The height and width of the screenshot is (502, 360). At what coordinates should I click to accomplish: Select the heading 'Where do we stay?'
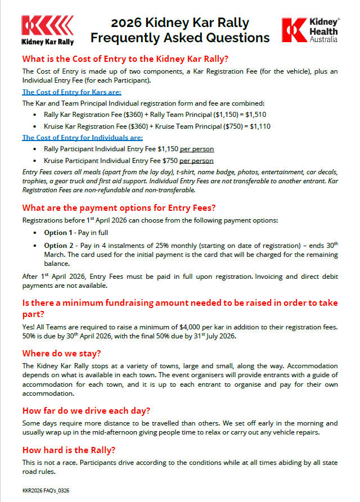pos(61,354)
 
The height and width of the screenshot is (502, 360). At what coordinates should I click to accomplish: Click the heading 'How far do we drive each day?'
pos(86,410)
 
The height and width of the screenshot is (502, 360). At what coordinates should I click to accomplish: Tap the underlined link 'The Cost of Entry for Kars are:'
pos(71,92)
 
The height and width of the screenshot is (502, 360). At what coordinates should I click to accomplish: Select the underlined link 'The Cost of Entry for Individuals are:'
pos(82,138)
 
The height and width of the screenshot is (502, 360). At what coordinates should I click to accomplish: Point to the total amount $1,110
pos(260,126)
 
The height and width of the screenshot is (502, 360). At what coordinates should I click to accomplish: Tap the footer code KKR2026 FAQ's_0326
pos(46,491)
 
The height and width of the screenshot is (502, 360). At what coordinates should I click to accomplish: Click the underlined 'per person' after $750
pos(196,160)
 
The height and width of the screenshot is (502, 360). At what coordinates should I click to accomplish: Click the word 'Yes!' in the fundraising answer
pos(29,327)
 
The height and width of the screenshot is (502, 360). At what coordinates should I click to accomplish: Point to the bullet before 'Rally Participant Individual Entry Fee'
pos(36,150)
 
